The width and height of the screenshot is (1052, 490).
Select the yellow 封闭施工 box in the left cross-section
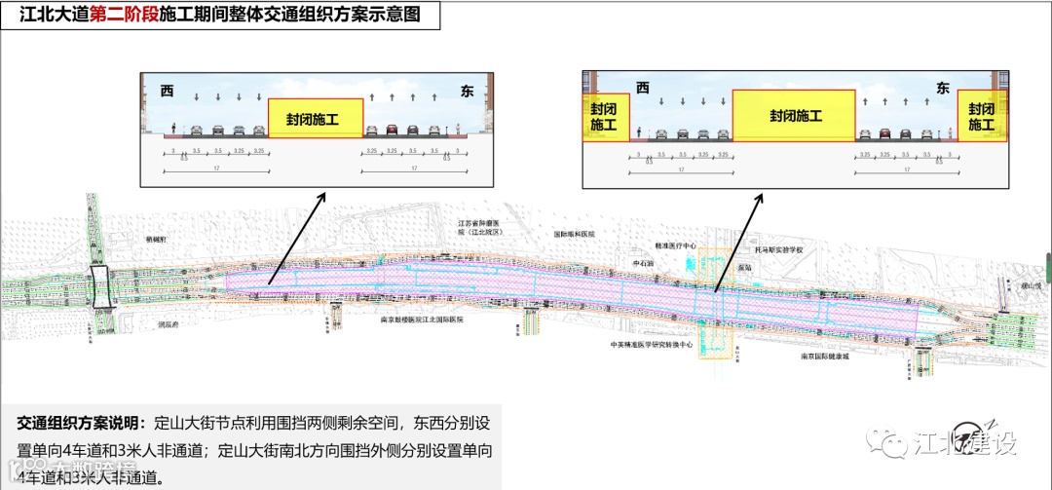pyautogui.click(x=313, y=119)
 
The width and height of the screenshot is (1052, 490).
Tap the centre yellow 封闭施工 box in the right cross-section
pyautogui.click(x=795, y=116)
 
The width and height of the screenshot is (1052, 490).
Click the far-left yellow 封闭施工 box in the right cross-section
pyautogui.click(x=604, y=118)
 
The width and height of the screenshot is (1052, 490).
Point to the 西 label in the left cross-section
pyautogui.click(x=167, y=91)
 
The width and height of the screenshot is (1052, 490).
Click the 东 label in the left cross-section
pyautogui.click(x=467, y=91)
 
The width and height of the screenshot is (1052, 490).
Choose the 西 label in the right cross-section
pyautogui.click(x=642, y=88)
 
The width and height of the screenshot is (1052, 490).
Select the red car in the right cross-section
pyautogui.click(x=884, y=133)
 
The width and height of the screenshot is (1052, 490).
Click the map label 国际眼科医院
pyautogui.click(x=574, y=235)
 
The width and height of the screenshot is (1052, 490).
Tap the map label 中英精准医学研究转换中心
pyautogui.click(x=651, y=344)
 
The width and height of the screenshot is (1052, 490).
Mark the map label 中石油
pyautogui.click(x=644, y=263)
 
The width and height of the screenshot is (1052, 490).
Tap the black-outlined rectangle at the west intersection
pyautogui.click(x=101, y=281)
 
